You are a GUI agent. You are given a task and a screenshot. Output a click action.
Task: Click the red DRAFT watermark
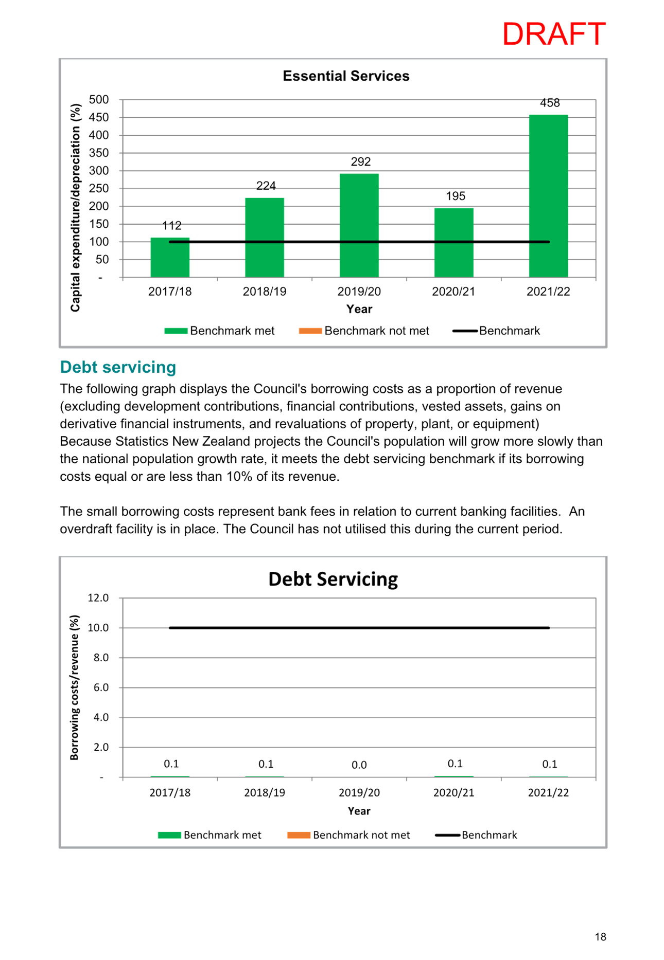click(x=554, y=34)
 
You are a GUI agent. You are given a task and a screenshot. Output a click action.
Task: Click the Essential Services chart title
click(x=346, y=76)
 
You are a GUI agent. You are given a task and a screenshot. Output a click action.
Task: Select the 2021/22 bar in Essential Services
click(x=548, y=196)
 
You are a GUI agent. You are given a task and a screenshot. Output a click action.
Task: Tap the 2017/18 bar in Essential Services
click(x=170, y=258)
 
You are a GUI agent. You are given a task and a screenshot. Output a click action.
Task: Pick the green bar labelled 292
click(x=359, y=226)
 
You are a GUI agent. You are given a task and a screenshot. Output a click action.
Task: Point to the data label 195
click(x=456, y=196)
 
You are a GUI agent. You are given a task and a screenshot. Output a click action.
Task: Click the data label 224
click(x=266, y=186)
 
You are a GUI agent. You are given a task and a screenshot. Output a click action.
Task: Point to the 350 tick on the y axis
click(x=99, y=153)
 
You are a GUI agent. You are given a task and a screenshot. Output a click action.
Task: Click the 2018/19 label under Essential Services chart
click(x=265, y=292)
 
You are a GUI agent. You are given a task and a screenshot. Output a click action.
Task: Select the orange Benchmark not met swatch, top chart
click(x=310, y=331)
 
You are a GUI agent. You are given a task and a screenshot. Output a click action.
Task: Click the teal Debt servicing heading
click(x=118, y=367)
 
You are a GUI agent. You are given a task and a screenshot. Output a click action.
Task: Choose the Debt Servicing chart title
click(x=333, y=579)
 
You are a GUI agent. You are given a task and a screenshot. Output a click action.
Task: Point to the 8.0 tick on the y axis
click(x=101, y=658)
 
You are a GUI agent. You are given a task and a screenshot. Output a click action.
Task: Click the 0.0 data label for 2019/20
click(x=359, y=765)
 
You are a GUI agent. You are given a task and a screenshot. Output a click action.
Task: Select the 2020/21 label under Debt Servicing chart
click(x=453, y=793)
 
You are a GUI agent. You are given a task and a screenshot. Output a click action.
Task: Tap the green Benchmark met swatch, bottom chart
click(x=169, y=835)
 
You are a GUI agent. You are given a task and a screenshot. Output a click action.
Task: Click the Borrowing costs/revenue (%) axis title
click(x=75, y=687)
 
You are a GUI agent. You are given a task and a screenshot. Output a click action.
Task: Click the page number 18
click(x=600, y=937)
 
